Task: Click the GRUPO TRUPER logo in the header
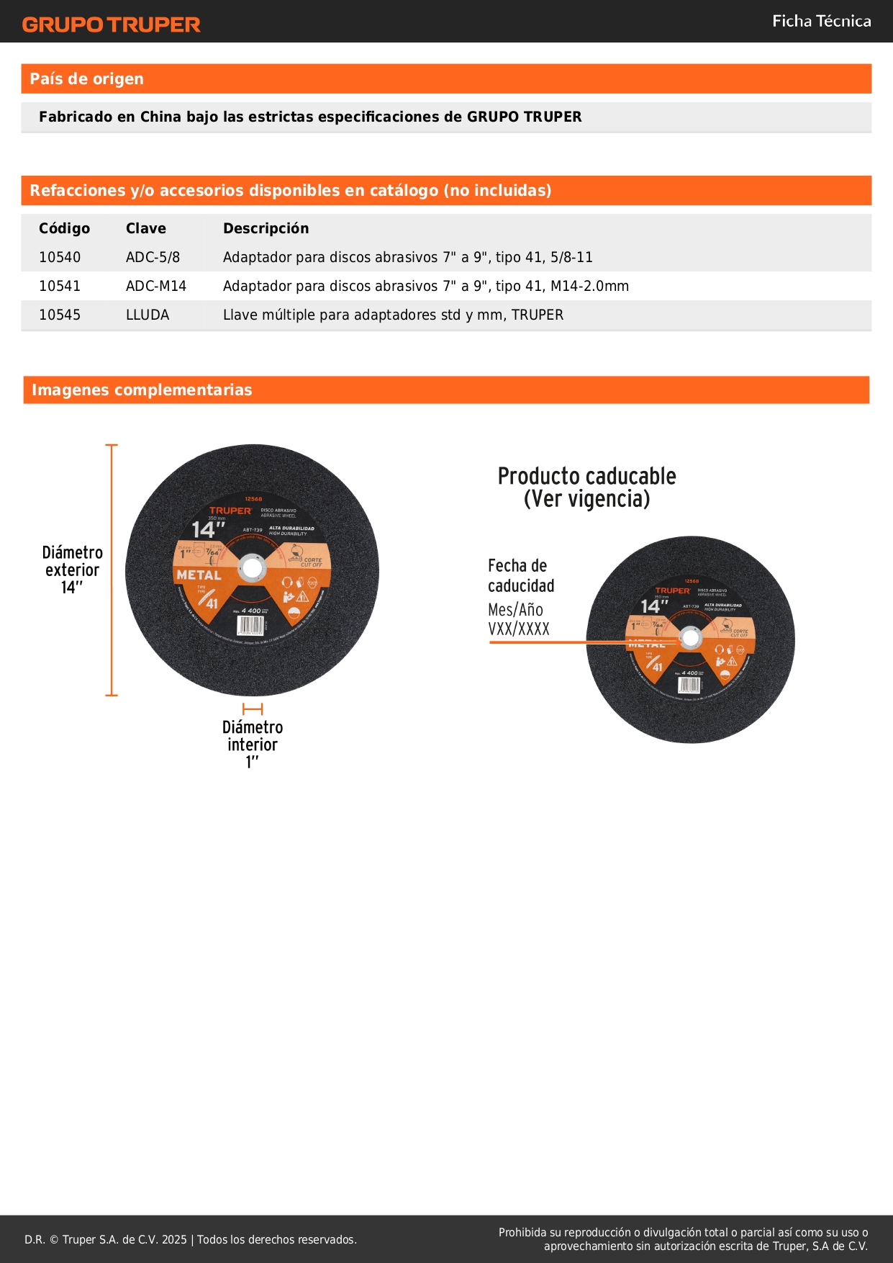(x=111, y=24)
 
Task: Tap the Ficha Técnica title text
(x=821, y=22)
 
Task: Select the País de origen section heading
(x=86, y=79)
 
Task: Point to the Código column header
(x=64, y=228)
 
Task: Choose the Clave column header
(x=145, y=228)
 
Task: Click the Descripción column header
(x=266, y=228)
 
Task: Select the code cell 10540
(x=60, y=257)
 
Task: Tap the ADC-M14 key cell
(x=155, y=286)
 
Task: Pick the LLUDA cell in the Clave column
(x=148, y=315)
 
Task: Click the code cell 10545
(x=60, y=315)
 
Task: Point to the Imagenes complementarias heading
(x=142, y=390)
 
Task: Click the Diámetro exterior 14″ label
(x=72, y=570)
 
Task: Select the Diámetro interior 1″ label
(x=253, y=744)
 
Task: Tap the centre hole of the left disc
(x=253, y=569)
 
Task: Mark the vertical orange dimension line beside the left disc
(x=112, y=570)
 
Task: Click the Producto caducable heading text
(x=586, y=487)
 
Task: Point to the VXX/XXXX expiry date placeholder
(x=518, y=629)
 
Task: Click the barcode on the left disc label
(x=251, y=625)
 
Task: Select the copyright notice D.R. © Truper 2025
(x=191, y=1239)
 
